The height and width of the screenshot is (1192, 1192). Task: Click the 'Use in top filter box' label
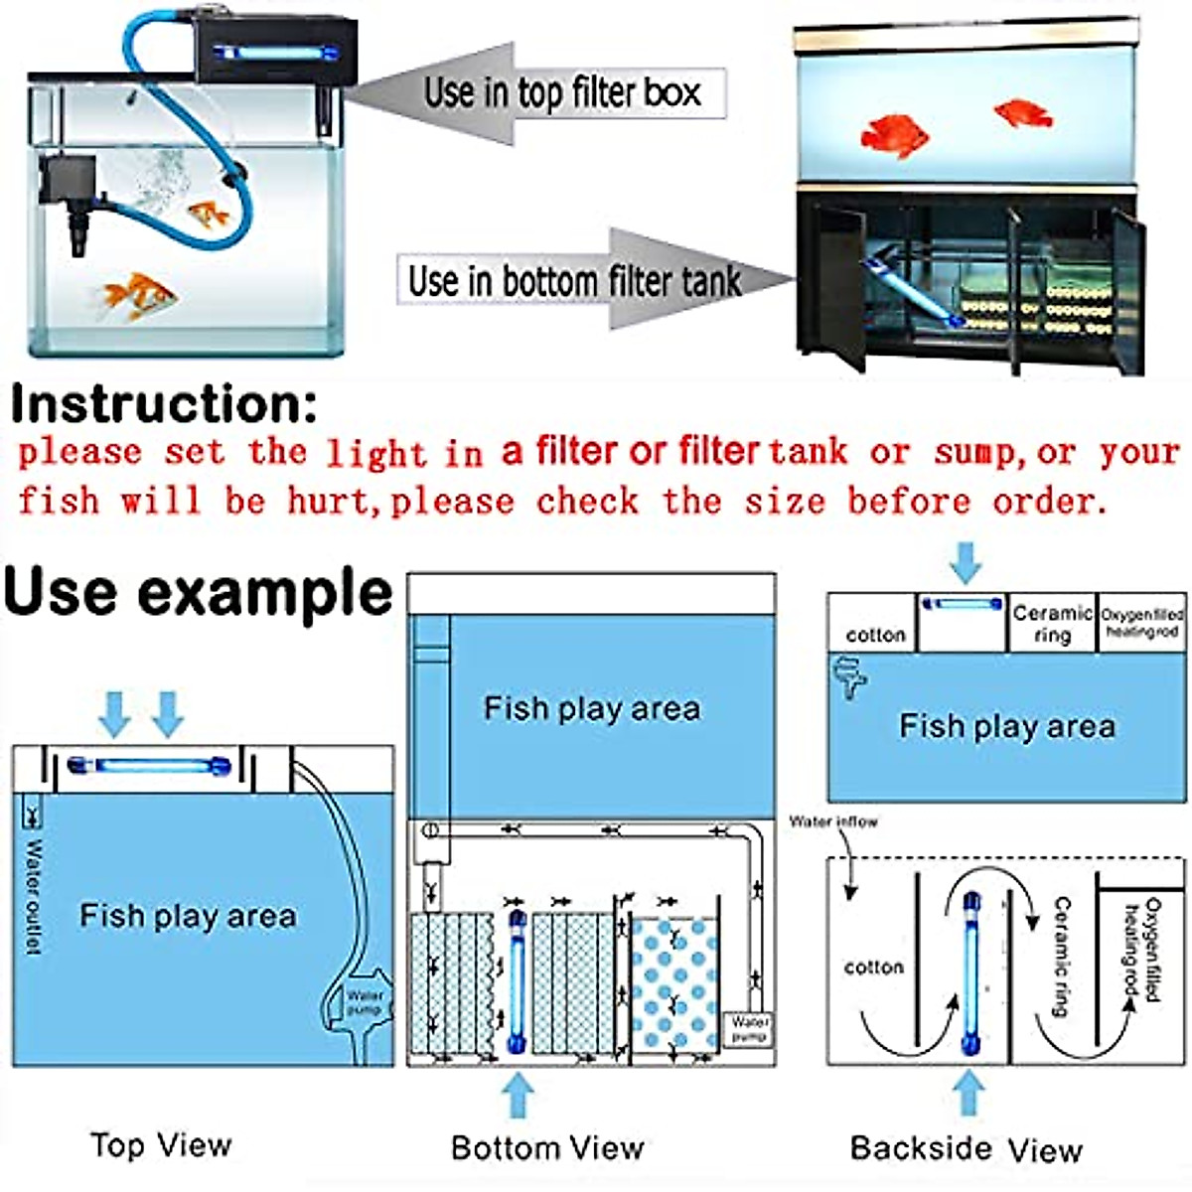tap(562, 93)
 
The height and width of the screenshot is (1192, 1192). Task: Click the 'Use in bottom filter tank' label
tap(574, 281)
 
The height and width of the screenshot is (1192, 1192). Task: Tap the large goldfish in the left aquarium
tap(138, 296)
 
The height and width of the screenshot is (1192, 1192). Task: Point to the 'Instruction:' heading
tap(164, 405)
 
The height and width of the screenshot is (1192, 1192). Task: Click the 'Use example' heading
tap(199, 593)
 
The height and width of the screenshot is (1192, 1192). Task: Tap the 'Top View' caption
tap(161, 1145)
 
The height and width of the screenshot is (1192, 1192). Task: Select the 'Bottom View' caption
tap(547, 1148)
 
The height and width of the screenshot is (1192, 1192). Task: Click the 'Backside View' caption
tap(966, 1149)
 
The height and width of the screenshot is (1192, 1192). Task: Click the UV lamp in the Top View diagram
tap(149, 767)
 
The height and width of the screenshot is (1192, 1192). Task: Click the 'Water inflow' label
tap(833, 821)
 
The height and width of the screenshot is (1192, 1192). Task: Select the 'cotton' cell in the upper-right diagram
tap(875, 635)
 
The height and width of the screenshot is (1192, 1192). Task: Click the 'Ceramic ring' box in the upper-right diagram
tap(1052, 624)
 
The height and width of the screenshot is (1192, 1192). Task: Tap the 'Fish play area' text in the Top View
tap(188, 915)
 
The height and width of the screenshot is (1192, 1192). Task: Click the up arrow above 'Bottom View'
tap(517, 1097)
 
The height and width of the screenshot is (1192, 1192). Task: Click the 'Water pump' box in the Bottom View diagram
tap(750, 1028)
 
